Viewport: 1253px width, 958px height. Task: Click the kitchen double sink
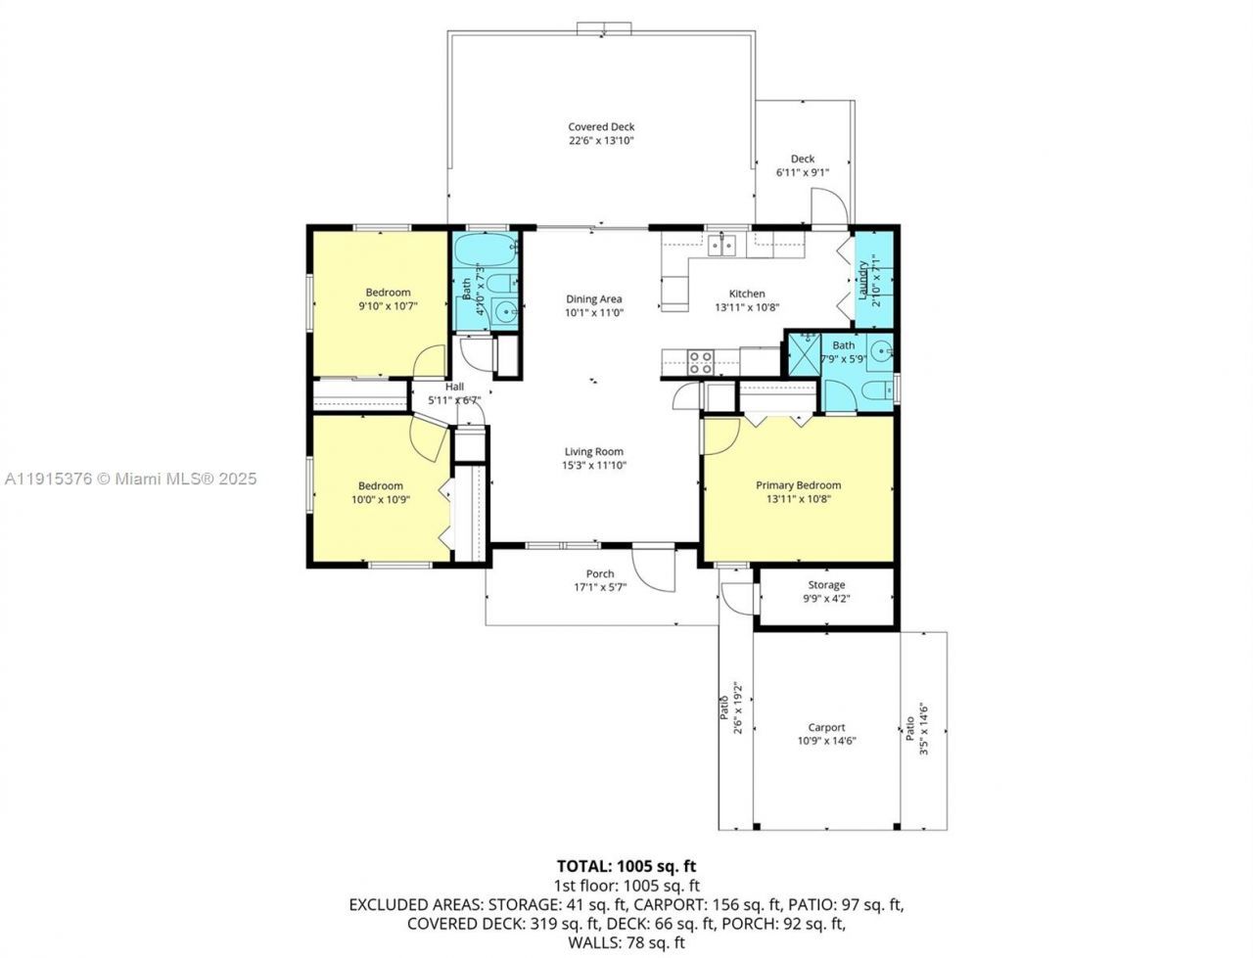click(724, 243)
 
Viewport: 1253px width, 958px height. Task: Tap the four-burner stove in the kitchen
click(700, 362)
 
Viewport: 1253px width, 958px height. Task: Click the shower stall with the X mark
click(807, 354)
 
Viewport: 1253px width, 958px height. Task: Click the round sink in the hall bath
click(506, 312)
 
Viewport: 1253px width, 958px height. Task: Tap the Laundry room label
click(863, 281)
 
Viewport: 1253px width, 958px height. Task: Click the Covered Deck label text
click(601, 126)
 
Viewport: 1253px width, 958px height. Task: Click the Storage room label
click(826, 585)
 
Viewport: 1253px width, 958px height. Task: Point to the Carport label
click(826, 727)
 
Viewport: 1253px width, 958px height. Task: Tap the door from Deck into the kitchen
click(830, 207)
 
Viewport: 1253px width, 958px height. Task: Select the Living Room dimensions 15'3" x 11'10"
click(594, 466)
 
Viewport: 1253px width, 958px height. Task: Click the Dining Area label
click(593, 299)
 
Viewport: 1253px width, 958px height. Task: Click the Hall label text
click(454, 387)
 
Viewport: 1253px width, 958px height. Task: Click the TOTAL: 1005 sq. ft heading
click(626, 866)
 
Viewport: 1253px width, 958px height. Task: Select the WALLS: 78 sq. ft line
click(626, 943)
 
